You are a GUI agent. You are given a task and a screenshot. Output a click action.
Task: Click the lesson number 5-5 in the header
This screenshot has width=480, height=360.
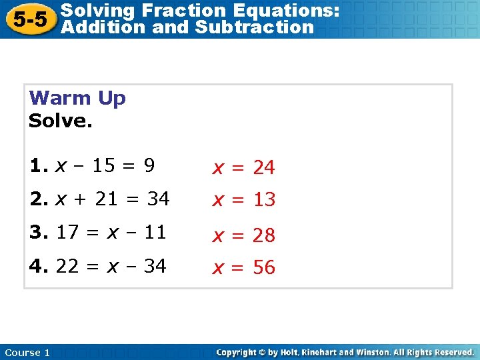click(x=30, y=19)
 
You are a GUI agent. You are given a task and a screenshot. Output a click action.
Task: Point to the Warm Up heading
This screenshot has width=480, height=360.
click(x=77, y=99)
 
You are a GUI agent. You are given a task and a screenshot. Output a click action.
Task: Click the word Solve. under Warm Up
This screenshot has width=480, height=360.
click(x=61, y=121)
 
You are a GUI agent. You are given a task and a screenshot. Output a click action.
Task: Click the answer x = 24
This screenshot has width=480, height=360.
click(x=243, y=168)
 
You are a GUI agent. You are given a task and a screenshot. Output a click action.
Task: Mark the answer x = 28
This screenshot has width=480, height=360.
click(x=243, y=235)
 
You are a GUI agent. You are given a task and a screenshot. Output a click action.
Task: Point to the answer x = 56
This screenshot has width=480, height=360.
click(x=243, y=268)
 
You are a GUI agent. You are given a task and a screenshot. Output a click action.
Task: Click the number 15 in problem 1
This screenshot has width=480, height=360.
click(x=104, y=166)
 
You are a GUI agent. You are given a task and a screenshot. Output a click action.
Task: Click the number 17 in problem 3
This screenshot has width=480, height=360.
click(x=68, y=233)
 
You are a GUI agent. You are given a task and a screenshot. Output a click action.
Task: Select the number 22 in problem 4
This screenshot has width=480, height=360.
click(x=68, y=266)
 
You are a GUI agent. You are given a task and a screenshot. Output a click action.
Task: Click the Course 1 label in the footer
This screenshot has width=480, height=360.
click(x=27, y=353)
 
